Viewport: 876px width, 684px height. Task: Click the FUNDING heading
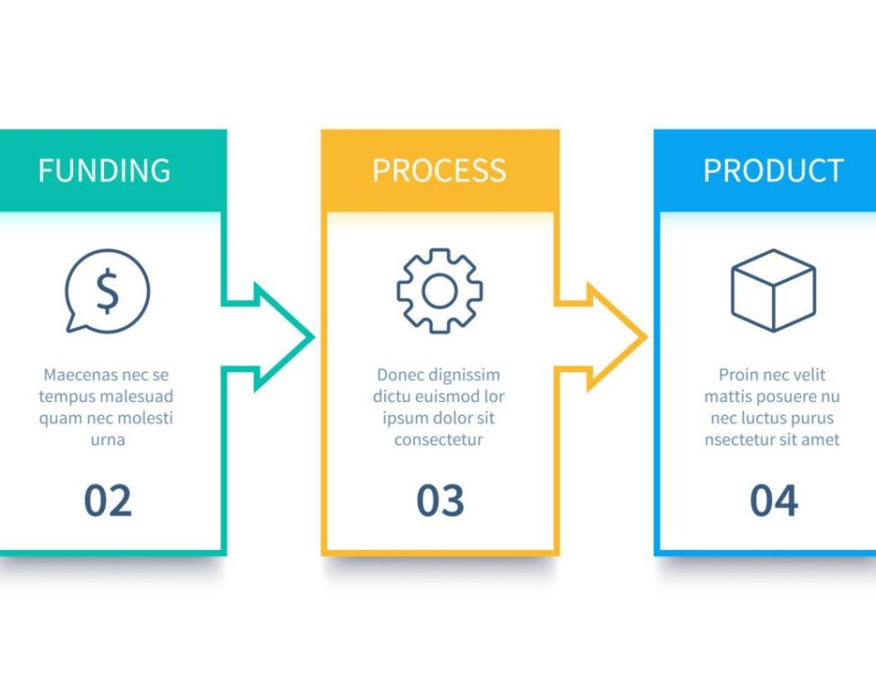tap(104, 171)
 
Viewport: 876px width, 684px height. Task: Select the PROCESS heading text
tap(439, 171)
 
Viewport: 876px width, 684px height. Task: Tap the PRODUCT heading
tap(773, 171)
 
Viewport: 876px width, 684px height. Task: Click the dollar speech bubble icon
tap(107, 291)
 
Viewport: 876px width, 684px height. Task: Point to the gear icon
tap(439, 291)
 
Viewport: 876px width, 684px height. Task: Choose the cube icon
tap(773, 291)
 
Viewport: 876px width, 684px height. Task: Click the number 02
tap(108, 501)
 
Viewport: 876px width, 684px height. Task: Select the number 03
tap(441, 501)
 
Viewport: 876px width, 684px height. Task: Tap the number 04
tap(774, 501)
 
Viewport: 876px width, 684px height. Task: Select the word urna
tap(108, 440)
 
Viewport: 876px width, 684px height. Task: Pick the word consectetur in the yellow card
tap(438, 440)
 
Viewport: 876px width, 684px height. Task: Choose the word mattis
tap(725, 397)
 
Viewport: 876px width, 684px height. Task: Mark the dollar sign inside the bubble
tap(108, 291)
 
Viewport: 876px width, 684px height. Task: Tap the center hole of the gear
tap(439, 291)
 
